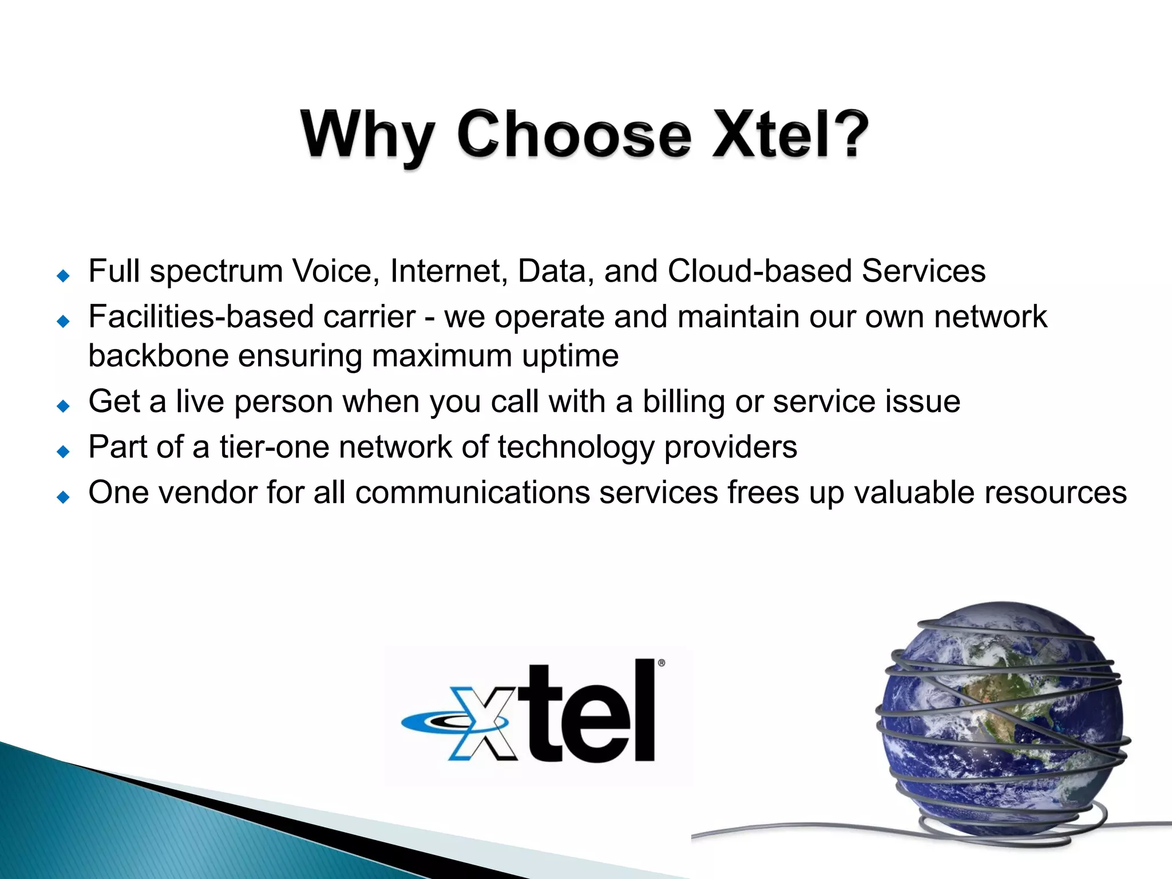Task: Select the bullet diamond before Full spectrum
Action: pos(64,276)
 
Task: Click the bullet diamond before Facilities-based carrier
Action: pos(64,321)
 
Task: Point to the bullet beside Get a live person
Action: pos(64,406)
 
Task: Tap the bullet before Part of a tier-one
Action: pos(64,452)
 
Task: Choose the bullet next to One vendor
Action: pos(64,497)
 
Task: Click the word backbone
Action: pos(159,356)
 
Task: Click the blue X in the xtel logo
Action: pos(480,723)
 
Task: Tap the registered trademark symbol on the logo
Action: pos(662,663)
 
